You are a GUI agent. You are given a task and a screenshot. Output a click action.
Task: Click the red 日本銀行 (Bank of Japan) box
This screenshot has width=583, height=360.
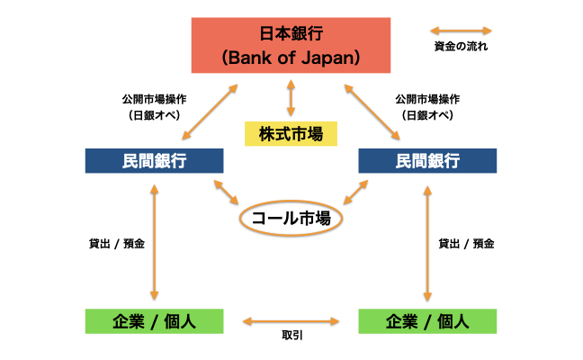291,44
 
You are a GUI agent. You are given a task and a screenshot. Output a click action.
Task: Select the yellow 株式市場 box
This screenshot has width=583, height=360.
291,134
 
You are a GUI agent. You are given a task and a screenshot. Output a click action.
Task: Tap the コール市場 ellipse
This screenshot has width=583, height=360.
291,217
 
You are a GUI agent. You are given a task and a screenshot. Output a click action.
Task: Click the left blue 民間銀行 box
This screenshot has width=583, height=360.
154,161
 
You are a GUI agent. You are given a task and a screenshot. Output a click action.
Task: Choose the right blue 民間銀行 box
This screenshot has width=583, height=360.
427,161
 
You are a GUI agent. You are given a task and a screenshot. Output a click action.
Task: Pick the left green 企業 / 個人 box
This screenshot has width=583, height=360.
154,320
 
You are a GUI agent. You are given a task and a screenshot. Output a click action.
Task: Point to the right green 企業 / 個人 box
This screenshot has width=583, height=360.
427,320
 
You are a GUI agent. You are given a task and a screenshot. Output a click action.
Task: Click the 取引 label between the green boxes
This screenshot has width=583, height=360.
291,335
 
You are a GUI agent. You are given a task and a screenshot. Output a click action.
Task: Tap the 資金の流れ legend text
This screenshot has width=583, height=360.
462,46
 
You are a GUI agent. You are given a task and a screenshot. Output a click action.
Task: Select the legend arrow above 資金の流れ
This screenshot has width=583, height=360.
462,30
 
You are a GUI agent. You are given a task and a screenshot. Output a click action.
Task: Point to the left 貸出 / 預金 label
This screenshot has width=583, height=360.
114,243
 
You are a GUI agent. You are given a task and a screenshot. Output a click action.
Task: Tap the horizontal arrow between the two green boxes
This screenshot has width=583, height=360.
291,319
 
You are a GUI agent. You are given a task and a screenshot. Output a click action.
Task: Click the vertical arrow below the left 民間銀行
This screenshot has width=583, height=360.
155,241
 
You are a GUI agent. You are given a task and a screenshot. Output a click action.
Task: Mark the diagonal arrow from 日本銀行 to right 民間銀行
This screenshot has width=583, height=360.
372,112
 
